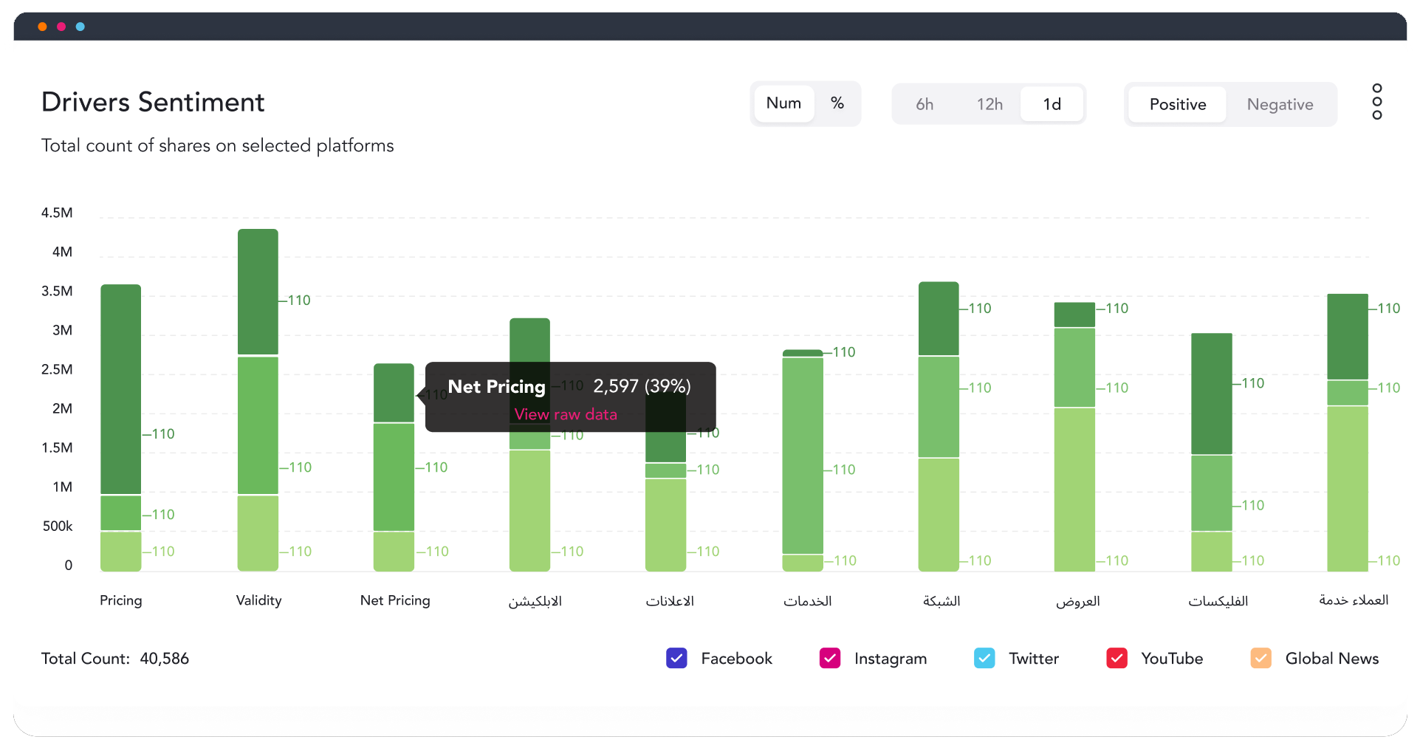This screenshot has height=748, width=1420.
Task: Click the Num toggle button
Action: click(783, 103)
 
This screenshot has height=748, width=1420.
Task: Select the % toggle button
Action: click(837, 103)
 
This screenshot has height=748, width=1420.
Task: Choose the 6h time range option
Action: click(924, 104)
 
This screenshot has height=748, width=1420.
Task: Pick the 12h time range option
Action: click(989, 104)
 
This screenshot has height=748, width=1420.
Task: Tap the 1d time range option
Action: click(1052, 104)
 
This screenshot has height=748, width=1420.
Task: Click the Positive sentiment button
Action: click(1177, 104)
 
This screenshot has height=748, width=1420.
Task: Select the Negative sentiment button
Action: click(1279, 104)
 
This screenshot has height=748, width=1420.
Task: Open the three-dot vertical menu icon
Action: click(1376, 101)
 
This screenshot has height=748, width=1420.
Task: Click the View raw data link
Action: click(566, 414)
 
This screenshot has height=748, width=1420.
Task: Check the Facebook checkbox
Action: click(676, 658)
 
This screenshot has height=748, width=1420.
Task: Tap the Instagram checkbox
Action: click(830, 658)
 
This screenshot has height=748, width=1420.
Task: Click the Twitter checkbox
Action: click(984, 658)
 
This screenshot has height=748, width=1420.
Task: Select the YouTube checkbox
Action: click(1117, 658)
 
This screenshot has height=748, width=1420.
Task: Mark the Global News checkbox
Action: click(1260, 658)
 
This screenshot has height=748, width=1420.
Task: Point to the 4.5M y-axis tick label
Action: click(57, 213)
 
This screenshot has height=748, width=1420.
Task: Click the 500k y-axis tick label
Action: click(58, 526)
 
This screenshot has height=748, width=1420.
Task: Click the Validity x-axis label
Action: click(258, 600)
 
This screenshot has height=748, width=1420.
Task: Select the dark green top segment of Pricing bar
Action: click(121, 388)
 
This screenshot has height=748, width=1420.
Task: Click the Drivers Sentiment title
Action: click(153, 102)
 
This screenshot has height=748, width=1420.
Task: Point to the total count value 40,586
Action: click(164, 658)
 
